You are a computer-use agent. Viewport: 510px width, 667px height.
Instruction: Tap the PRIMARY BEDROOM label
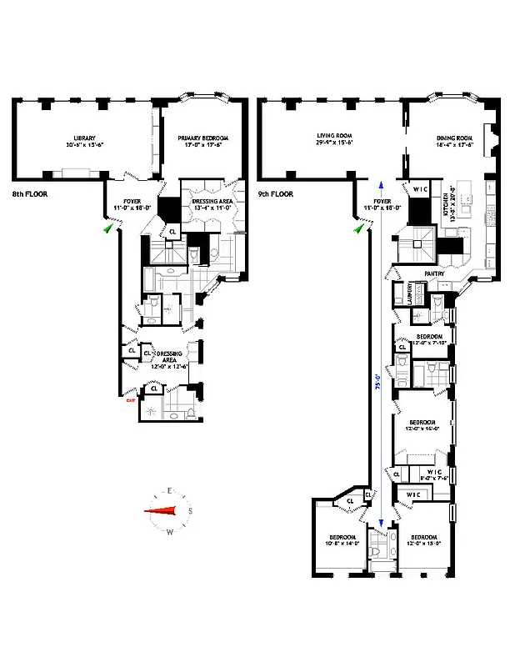203,140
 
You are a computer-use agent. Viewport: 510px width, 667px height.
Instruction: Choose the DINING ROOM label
454,140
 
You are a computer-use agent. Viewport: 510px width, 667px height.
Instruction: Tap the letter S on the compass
191,511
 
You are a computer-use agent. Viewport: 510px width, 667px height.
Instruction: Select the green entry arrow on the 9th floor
359,228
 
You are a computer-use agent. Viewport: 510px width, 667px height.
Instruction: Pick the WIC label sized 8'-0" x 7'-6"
433,474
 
